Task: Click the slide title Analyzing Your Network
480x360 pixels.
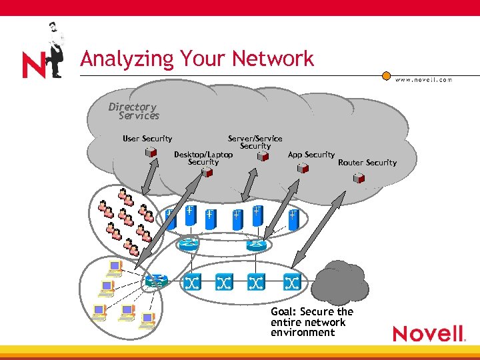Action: point(197,59)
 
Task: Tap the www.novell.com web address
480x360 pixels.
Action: point(423,79)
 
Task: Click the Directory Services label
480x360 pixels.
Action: point(135,111)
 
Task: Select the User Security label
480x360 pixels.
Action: point(147,139)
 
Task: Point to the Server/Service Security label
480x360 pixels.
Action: point(255,142)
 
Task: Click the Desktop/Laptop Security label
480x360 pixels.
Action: point(203,158)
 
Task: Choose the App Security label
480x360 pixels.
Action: point(311,155)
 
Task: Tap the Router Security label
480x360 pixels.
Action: point(367,163)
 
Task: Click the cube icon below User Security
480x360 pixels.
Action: point(151,153)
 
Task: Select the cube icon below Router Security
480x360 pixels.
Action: point(359,178)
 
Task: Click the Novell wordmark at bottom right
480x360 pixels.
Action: point(428,333)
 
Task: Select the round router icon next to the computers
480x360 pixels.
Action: point(157,281)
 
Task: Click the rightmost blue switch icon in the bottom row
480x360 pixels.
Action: point(291,282)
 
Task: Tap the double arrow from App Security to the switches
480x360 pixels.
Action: point(311,220)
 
